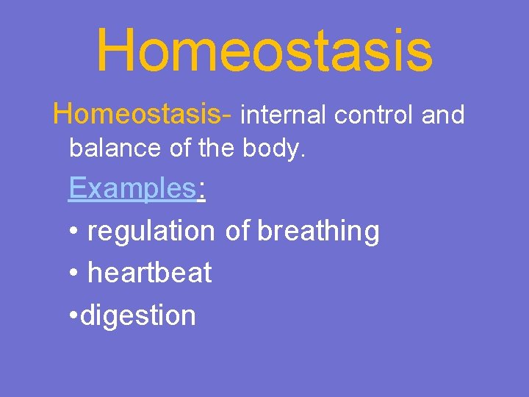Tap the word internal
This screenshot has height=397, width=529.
(285, 115)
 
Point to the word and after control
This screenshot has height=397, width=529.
(443, 115)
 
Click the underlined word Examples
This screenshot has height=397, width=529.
(132, 189)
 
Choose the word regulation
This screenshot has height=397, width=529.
(150, 232)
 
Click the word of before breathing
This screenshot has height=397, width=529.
(237, 231)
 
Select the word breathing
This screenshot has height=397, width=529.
(318, 232)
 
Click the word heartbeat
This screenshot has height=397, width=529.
(149, 273)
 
